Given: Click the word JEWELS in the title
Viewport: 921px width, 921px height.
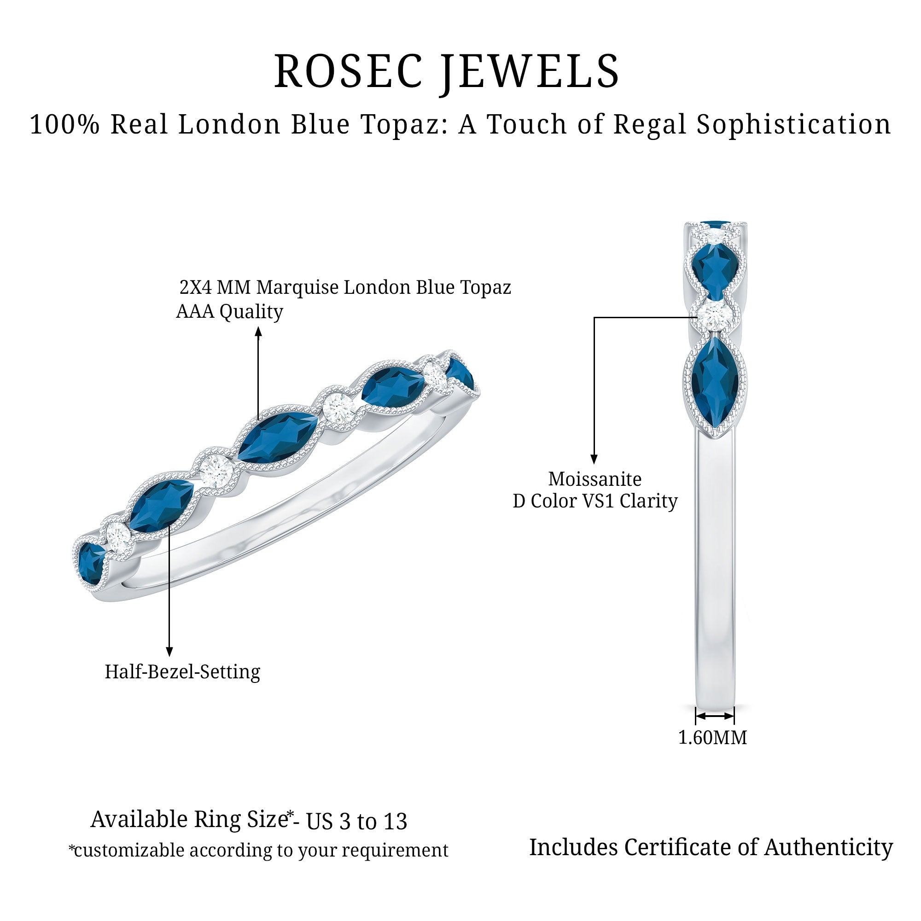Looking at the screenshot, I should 529,71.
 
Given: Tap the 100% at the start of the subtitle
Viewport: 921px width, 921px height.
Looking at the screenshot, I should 65,125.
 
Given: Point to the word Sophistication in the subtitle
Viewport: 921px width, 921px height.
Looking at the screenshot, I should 793,125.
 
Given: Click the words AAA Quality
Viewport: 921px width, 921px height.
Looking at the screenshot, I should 229,312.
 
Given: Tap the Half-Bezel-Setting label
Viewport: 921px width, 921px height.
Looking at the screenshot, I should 182,672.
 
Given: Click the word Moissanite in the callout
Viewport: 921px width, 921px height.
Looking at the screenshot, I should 595,479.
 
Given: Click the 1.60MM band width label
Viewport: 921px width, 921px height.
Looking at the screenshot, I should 713,737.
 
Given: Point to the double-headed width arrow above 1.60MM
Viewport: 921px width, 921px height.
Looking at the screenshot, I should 715,716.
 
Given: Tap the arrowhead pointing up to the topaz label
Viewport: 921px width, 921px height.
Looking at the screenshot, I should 258,331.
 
